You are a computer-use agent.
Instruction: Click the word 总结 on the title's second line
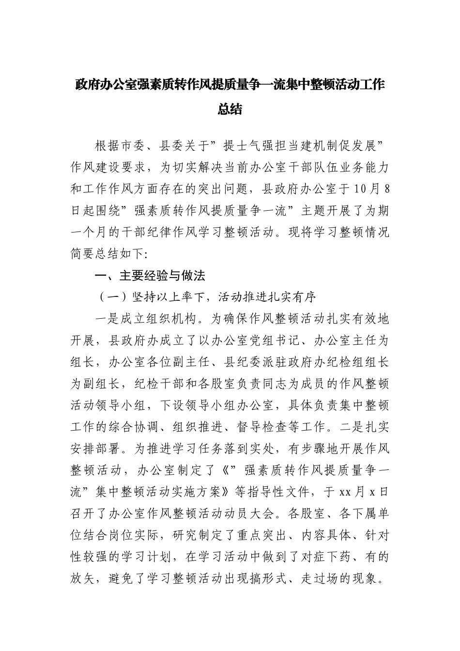(230, 109)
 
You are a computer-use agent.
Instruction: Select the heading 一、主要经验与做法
(150, 276)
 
